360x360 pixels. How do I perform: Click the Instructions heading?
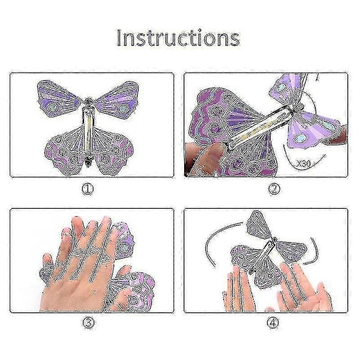tap(178, 38)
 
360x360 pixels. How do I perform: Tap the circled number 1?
tap(88, 189)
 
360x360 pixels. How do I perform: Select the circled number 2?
tap(274, 189)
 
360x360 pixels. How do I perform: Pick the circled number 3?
tap(88, 323)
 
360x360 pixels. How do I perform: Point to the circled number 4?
tap(273, 323)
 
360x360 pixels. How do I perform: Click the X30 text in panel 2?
tap(303, 163)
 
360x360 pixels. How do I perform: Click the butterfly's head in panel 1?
tap(89, 101)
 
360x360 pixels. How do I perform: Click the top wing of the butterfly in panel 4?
tap(259, 226)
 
